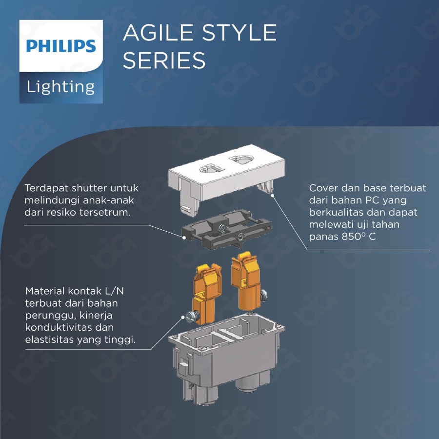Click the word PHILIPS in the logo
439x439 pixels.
(x=61, y=46)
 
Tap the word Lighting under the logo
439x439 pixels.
(x=61, y=87)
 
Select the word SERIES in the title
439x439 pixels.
(x=164, y=60)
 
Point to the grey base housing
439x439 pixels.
(x=224, y=356)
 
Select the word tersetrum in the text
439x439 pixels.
(x=104, y=213)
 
